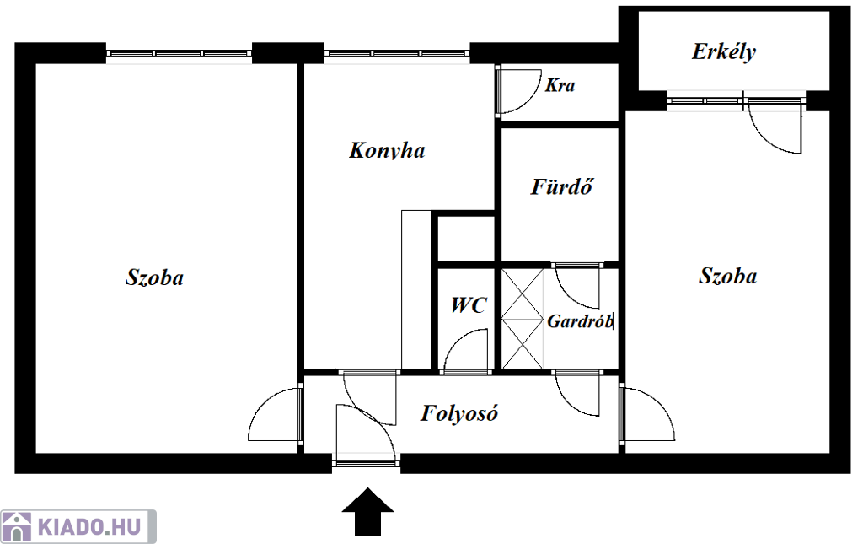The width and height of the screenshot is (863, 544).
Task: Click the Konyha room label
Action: [x=387, y=150]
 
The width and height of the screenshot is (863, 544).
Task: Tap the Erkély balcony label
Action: [x=724, y=51]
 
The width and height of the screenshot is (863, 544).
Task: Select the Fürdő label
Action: [x=562, y=186]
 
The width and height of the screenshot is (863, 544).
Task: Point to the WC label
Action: [x=469, y=305]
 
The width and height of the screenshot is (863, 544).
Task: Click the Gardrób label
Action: [x=580, y=321]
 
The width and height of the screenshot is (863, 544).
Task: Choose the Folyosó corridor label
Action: [x=459, y=413]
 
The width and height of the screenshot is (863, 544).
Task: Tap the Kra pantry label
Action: [x=560, y=85]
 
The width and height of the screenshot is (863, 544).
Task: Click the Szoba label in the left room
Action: [x=155, y=277]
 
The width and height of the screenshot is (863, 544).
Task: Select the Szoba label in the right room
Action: [x=727, y=276]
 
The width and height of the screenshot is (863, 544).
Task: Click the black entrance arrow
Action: [x=367, y=511]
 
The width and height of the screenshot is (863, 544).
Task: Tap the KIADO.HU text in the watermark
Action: [x=89, y=527]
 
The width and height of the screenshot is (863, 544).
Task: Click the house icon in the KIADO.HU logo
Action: [x=17, y=527]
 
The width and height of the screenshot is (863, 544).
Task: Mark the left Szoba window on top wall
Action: [x=179, y=53]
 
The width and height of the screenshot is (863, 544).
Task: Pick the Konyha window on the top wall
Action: [x=397, y=53]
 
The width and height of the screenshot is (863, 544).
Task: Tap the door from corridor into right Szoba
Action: [x=647, y=414]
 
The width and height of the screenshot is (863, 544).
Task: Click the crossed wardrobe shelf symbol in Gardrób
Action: [x=523, y=320]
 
